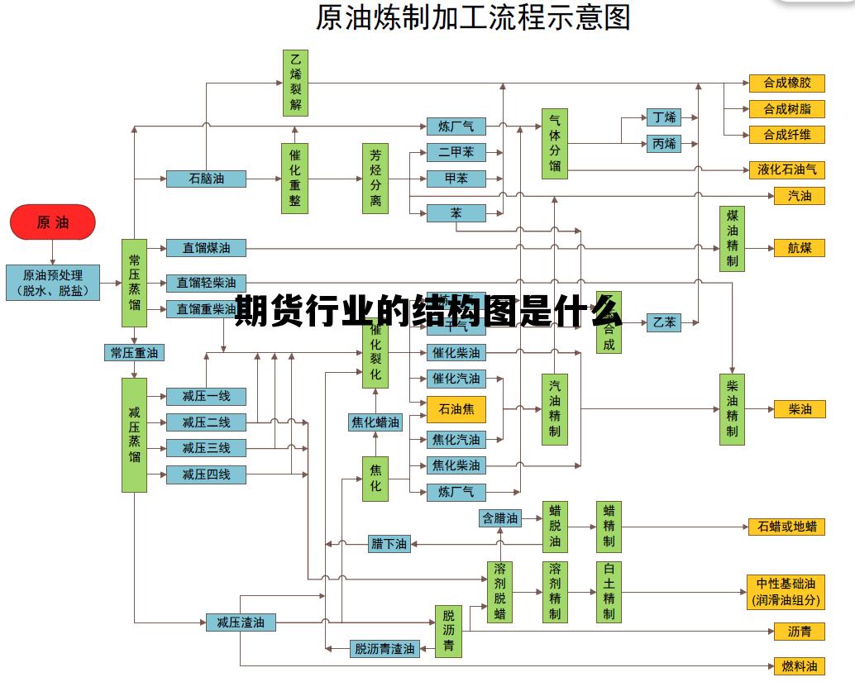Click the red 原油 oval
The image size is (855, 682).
[53, 222]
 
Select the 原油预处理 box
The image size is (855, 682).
[53, 283]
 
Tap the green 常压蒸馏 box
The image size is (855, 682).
[134, 283]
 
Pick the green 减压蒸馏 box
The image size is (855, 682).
[134, 435]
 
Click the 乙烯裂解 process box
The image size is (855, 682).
[295, 83]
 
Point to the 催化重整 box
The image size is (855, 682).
[295, 178]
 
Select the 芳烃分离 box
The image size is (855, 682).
[375, 178]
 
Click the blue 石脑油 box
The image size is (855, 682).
[206, 179]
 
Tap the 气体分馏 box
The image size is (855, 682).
[554, 143]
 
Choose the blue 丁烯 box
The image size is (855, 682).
[664, 117]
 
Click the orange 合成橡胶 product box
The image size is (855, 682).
[786, 83]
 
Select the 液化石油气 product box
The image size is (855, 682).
[786, 169]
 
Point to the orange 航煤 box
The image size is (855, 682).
[799, 248]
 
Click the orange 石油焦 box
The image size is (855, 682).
[456, 409]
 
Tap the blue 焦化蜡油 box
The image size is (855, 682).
[375, 422]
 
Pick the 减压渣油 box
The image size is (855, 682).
[240, 622]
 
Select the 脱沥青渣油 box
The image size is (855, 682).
[385, 649]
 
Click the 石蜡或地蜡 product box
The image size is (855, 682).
[786, 527]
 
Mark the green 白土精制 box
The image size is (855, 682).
[609, 592]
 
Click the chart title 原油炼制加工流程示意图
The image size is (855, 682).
[473, 17]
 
